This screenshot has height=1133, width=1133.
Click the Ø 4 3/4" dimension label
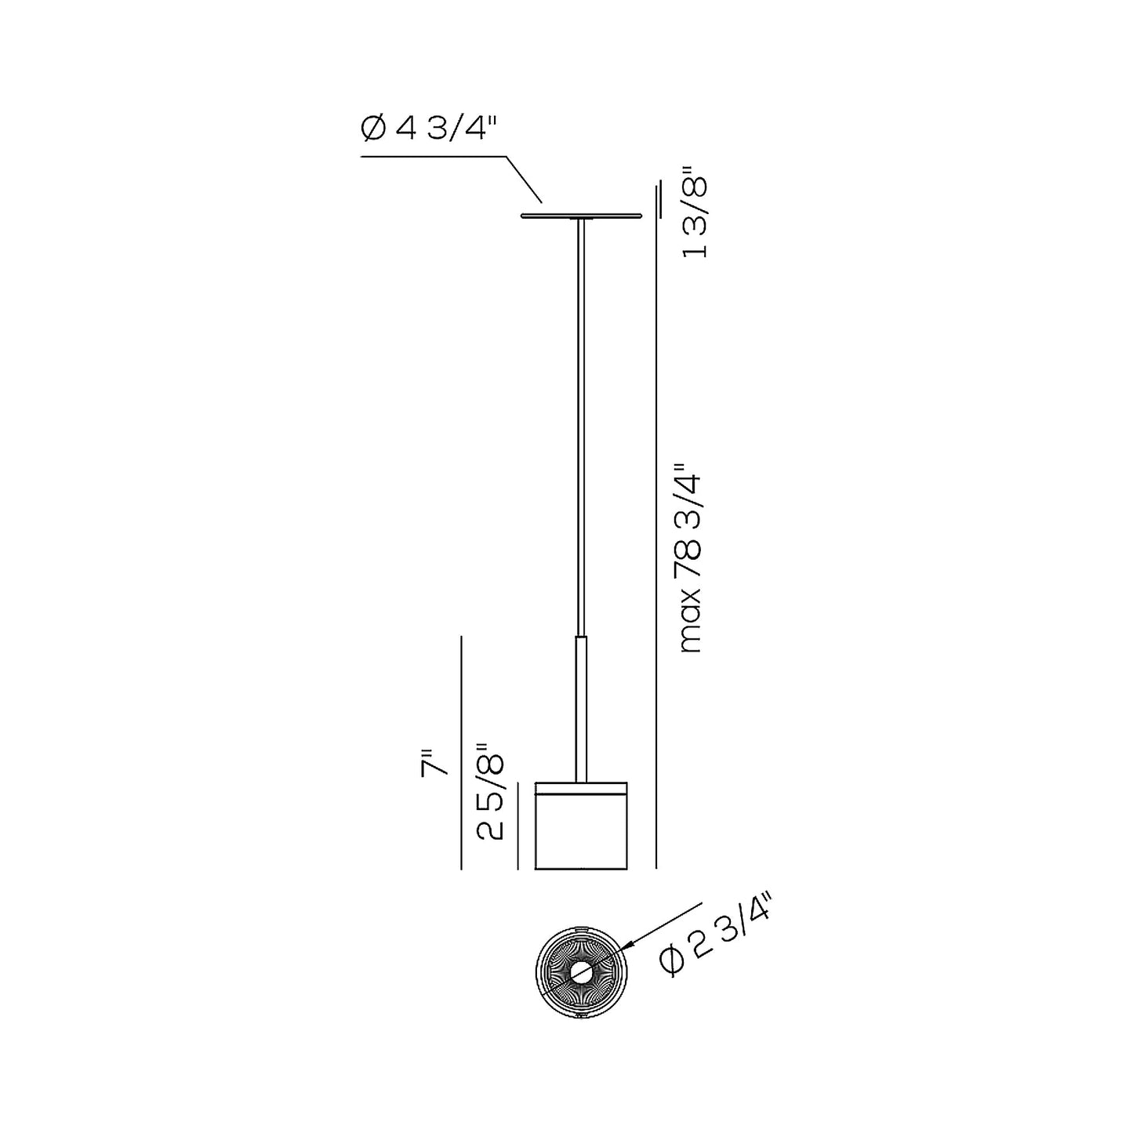(429, 129)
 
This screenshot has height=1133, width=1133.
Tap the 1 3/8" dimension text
(695, 217)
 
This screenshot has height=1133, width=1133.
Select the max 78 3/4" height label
(690, 558)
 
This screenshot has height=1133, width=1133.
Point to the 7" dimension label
(434, 763)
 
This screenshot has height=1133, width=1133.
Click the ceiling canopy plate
(581, 216)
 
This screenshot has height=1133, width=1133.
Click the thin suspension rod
(581, 427)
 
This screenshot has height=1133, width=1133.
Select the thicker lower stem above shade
(581, 709)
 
